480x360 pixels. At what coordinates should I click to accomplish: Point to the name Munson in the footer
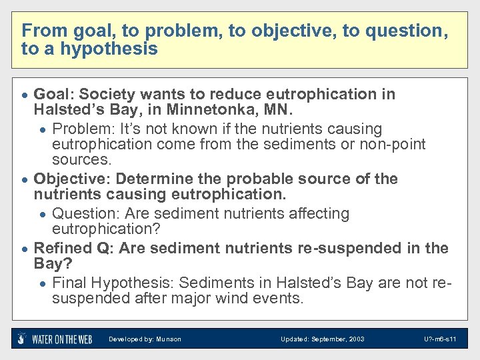coord(168,339)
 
